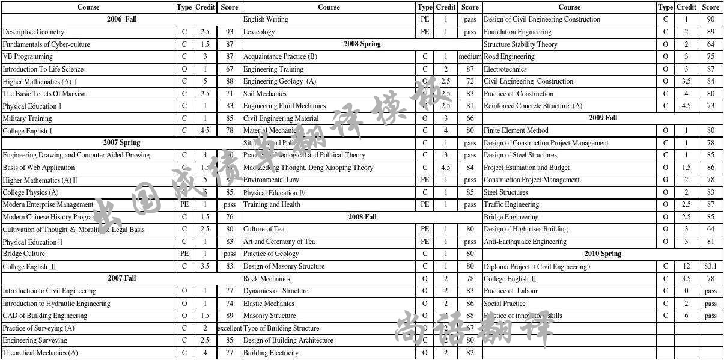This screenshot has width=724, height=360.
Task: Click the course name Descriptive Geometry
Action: click(x=34, y=32)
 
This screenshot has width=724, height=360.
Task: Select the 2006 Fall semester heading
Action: click(x=121, y=19)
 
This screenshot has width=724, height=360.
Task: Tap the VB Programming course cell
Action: click(x=28, y=56)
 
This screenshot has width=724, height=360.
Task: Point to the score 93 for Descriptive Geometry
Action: click(x=230, y=32)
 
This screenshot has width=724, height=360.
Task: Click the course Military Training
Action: click(x=27, y=118)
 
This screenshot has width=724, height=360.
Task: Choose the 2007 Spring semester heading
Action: click(x=121, y=143)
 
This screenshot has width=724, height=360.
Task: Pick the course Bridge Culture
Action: click(x=24, y=254)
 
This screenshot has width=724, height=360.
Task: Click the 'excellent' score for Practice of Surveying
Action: click(x=230, y=328)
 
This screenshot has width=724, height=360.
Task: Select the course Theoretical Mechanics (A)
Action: click(x=40, y=353)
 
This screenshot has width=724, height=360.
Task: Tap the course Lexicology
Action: click(x=259, y=32)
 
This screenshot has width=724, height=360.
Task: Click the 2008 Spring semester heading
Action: click(x=362, y=44)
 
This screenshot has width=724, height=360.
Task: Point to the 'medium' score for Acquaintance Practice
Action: click(x=470, y=56)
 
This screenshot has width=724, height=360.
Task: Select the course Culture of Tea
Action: click(x=264, y=229)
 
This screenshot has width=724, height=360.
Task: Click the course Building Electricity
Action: click(x=271, y=353)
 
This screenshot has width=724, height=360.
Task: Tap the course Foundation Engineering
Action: click(x=517, y=32)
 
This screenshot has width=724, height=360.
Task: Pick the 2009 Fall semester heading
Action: click(x=603, y=118)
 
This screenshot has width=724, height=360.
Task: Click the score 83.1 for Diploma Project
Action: click(x=710, y=266)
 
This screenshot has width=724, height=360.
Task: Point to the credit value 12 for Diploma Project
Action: click(x=686, y=266)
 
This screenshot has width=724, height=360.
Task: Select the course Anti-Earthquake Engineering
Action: click(x=525, y=242)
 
